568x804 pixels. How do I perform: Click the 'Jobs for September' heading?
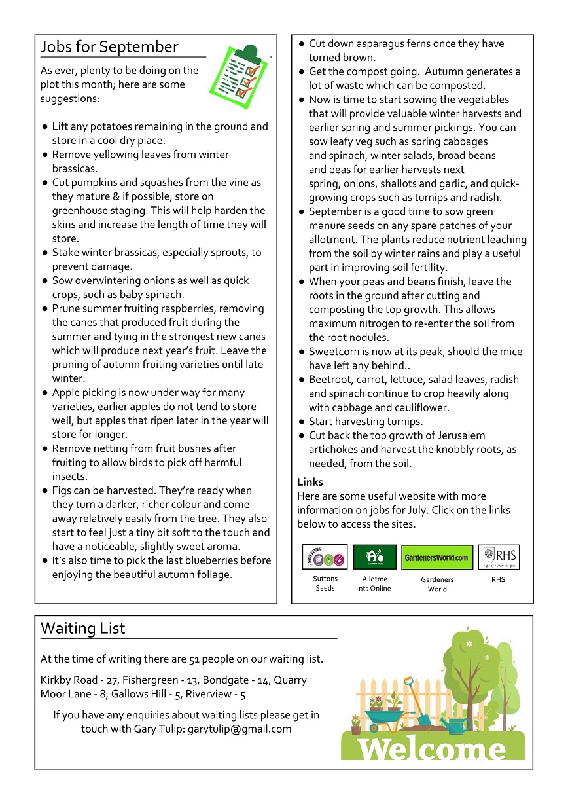pyautogui.click(x=109, y=47)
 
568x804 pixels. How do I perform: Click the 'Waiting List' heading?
pyautogui.click(x=82, y=629)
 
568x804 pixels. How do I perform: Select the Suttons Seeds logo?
pyautogui.click(x=325, y=557)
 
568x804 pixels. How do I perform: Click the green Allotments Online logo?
pyautogui.click(x=375, y=557)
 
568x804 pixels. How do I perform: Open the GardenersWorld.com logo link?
pyautogui.click(x=436, y=557)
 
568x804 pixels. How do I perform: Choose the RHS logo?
pyautogui.click(x=499, y=557)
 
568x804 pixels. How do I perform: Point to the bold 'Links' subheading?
pyautogui.click(x=310, y=482)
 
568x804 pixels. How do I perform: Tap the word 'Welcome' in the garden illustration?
pyautogui.click(x=433, y=748)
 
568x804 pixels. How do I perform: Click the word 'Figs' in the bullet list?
pyautogui.click(x=63, y=490)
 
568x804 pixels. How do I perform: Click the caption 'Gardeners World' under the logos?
pyautogui.click(x=437, y=584)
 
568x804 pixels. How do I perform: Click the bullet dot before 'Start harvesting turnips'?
pyautogui.click(x=302, y=422)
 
